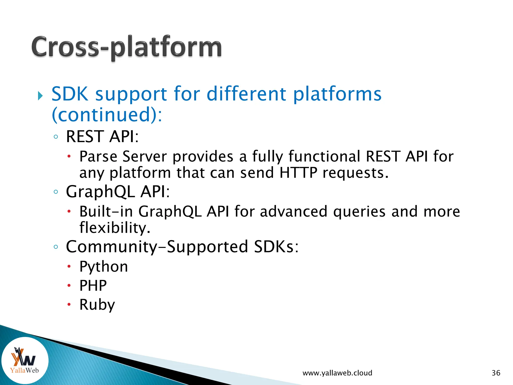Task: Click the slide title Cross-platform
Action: point(126,47)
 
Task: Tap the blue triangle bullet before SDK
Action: point(40,96)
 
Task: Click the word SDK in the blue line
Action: point(70,94)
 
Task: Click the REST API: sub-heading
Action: point(102,137)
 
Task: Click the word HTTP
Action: point(298,173)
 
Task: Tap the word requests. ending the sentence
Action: point(355,173)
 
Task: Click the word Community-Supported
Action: point(157,247)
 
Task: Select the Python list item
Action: point(103,267)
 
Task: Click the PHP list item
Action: point(93,285)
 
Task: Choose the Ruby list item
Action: point(97,305)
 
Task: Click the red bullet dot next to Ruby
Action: point(69,305)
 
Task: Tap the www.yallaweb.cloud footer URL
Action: point(337,373)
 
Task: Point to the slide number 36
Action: point(496,373)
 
